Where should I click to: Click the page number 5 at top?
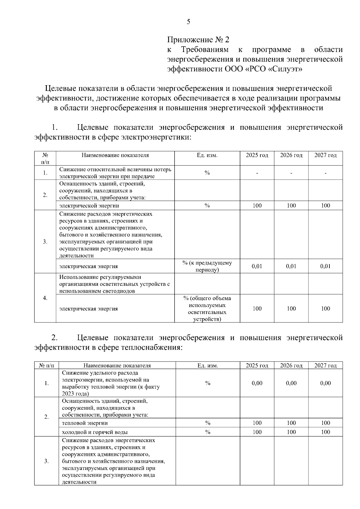click(x=188, y=22)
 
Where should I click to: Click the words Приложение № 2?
click(x=198, y=40)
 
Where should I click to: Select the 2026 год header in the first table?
click(x=291, y=155)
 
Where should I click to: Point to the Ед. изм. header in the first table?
click(x=207, y=155)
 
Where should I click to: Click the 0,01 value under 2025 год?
click(x=257, y=266)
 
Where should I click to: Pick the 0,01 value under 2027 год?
click(x=325, y=266)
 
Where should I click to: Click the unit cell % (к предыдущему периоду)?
click(x=207, y=266)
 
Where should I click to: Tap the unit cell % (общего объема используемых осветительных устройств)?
click(x=207, y=309)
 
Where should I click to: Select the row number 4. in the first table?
click(x=45, y=298)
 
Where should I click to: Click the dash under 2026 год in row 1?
click(x=291, y=173)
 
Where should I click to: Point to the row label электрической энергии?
click(x=89, y=206)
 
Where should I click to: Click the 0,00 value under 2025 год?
click(x=257, y=383)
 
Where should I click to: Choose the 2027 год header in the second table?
click(x=325, y=366)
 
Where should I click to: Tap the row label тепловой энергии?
click(x=85, y=423)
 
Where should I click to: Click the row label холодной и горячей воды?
click(x=94, y=432)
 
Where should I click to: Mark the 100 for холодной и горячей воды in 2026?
click(x=291, y=432)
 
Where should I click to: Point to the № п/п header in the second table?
click(x=46, y=366)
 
